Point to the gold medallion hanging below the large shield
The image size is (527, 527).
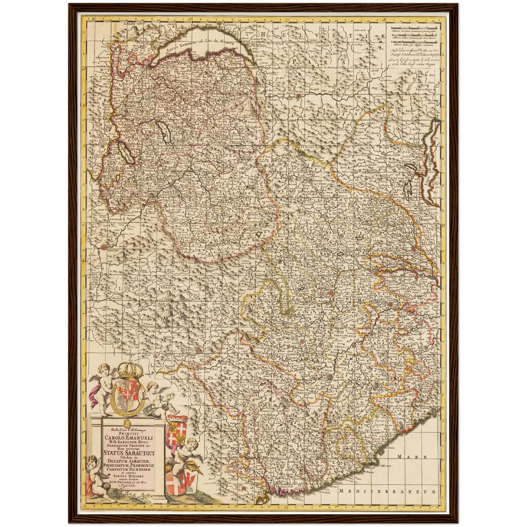[127, 423]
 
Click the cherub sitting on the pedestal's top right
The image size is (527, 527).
[157, 399]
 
